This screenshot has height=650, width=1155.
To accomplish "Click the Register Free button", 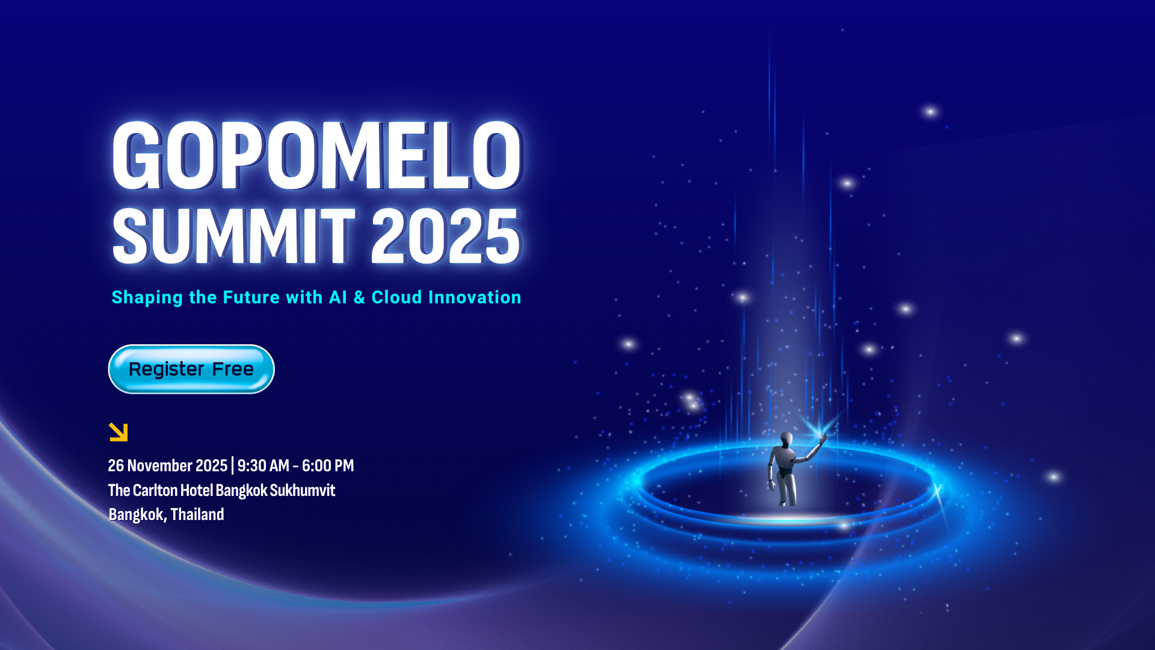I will pos(191,369).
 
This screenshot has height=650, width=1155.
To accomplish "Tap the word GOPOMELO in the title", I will pos(317,155).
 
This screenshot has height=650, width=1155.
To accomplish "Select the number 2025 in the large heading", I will pos(445,236).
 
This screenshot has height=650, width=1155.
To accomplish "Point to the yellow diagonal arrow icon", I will pos(119,432).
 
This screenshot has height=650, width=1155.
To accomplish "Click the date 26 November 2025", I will pos(167,466).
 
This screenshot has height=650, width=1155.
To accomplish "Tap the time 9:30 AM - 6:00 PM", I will pos(295,466).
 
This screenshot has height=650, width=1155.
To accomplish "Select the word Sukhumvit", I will pos(303,491).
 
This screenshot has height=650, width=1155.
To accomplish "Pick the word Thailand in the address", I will pos(197,515).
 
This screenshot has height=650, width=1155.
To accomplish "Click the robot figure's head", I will pos(786,438).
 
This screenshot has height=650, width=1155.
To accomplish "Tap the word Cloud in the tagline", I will pos(396,297).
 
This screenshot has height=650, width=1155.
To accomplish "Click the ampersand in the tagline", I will pos(359,297).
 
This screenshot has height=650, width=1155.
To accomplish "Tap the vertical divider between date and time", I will pos(232,466).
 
